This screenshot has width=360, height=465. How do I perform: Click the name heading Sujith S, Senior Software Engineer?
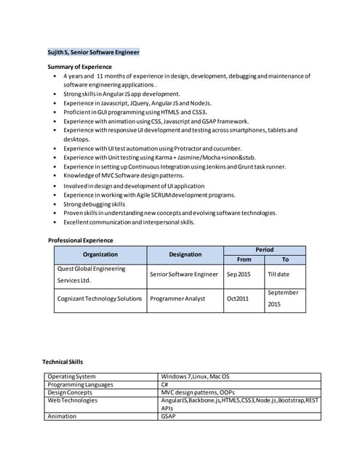click(93, 52)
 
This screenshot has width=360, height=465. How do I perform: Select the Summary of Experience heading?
click(80, 67)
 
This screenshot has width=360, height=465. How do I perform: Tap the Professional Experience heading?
click(81, 240)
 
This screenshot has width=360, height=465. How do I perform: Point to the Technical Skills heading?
click(63, 362)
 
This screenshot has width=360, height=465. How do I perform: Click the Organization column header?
click(100, 254)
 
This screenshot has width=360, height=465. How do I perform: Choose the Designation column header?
click(185, 254)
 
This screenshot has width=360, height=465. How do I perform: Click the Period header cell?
click(264, 250)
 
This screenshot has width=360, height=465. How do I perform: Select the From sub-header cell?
click(244, 259)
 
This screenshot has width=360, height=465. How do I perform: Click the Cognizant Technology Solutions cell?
click(100, 299)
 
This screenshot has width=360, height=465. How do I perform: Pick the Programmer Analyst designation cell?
click(177, 299)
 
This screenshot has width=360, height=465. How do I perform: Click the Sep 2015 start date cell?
click(239, 275)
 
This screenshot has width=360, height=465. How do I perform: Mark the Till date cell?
click(279, 275)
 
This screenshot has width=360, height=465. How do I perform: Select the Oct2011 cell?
click(237, 299)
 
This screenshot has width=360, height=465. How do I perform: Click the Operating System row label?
click(71, 376)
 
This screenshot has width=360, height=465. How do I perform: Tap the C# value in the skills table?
click(165, 384)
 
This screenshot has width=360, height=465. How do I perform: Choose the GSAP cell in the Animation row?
click(168, 416)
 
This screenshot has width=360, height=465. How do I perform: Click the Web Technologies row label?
click(72, 400)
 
